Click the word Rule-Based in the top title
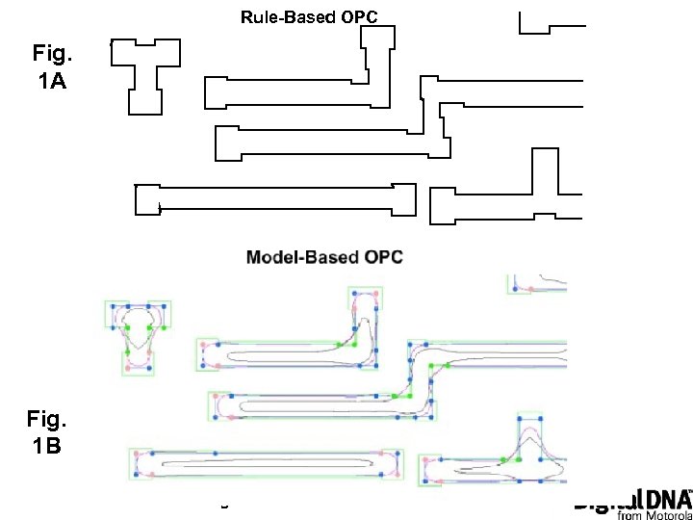(278, 16)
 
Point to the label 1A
(52, 82)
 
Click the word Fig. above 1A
(52, 53)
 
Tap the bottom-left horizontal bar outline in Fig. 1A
(274, 199)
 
